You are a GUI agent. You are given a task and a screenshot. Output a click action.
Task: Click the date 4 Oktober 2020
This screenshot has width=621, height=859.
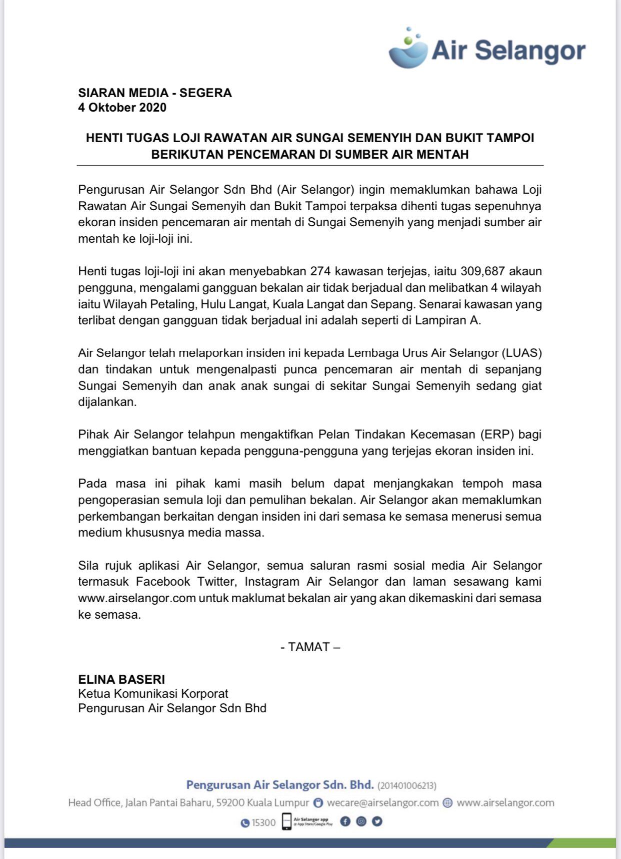(x=122, y=108)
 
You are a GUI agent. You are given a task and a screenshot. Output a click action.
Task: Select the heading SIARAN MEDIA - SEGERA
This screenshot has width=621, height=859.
(x=155, y=93)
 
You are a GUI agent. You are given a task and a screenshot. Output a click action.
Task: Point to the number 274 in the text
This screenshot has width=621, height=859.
(x=320, y=271)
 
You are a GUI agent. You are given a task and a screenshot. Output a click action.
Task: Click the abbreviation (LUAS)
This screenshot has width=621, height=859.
(x=521, y=353)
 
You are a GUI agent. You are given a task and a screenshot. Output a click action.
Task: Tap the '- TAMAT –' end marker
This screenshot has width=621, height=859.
(x=310, y=647)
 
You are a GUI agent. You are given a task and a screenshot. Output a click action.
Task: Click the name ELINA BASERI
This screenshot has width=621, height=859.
(x=121, y=679)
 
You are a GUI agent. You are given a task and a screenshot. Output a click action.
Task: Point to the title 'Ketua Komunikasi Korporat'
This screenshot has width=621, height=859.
(x=153, y=694)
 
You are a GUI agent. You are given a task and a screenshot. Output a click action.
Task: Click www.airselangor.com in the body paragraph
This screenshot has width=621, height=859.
(x=136, y=598)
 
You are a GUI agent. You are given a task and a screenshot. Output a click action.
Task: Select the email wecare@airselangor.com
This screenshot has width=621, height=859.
(x=382, y=803)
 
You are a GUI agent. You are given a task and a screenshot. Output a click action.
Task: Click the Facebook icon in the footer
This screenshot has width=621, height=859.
(x=345, y=821)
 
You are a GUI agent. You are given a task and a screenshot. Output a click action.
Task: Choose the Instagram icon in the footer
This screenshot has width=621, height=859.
(x=361, y=821)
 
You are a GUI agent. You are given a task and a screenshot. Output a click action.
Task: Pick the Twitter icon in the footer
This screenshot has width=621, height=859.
(x=377, y=821)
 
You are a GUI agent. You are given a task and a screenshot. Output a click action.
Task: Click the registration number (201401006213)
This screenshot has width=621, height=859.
(x=407, y=786)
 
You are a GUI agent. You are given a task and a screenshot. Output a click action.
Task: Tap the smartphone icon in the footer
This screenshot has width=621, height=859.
(x=286, y=822)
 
